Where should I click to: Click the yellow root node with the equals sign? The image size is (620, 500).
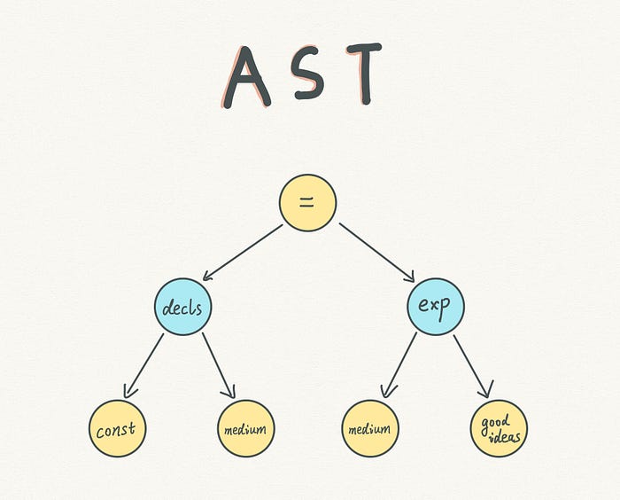(x=307, y=203)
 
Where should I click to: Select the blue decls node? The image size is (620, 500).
(x=183, y=308)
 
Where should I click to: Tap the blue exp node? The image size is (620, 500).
(x=436, y=307)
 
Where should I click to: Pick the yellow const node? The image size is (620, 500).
(x=117, y=429)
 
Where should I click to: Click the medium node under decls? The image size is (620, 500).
(x=245, y=429)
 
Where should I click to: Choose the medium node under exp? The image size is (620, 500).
(x=370, y=429)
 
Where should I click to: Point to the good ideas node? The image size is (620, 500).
(x=499, y=429)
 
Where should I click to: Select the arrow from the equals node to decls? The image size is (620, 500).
(x=243, y=253)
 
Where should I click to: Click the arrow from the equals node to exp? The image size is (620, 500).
(x=376, y=253)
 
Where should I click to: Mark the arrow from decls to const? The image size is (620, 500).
(x=145, y=363)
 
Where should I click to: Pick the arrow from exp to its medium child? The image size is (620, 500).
(x=399, y=364)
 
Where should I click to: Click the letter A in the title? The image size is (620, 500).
(x=244, y=76)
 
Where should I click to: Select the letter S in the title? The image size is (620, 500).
(x=306, y=75)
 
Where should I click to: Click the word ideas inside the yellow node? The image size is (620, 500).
(x=501, y=438)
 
